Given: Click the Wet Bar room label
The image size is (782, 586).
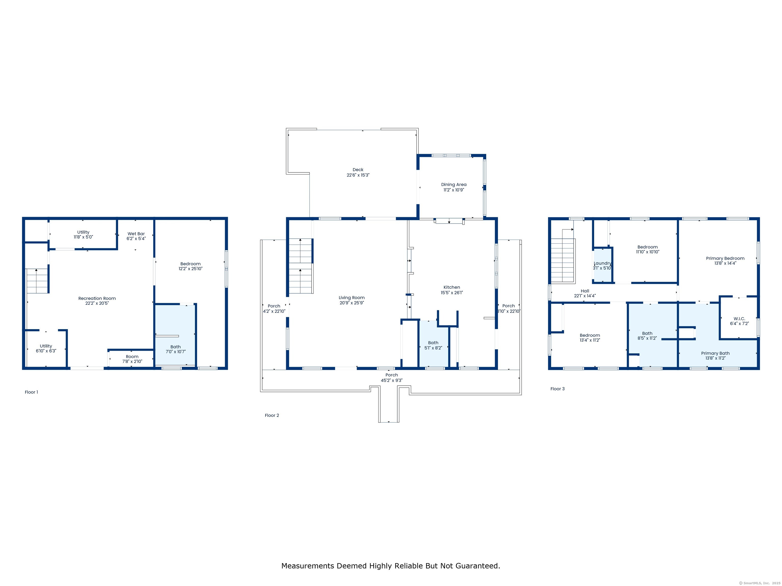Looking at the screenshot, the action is [x=136, y=234].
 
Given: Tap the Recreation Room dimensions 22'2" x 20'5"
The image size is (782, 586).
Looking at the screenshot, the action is [x=97, y=303].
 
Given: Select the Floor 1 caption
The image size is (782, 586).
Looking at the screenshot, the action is [x=32, y=392].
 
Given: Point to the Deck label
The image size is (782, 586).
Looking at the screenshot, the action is [x=358, y=170].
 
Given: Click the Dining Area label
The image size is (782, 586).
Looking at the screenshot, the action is [x=454, y=185].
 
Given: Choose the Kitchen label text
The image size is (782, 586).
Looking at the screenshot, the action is [x=452, y=287].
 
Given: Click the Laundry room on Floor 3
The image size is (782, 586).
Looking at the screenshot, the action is [x=602, y=265].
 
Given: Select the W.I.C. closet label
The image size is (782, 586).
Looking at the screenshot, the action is [x=739, y=319].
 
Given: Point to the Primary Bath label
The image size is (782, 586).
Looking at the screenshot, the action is [x=715, y=353].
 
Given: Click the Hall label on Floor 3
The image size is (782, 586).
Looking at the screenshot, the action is [x=585, y=291].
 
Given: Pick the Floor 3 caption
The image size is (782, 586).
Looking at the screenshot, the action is [x=557, y=389].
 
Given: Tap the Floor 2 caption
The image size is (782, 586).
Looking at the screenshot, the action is [x=272, y=415].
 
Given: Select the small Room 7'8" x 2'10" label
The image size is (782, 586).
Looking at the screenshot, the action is [x=132, y=359].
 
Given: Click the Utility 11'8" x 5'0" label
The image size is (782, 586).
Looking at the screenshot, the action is [x=83, y=235].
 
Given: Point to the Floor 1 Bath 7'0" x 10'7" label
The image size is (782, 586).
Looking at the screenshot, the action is [x=176, y=349].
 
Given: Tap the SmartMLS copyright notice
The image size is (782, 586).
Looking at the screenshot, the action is [x=759, y=583].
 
